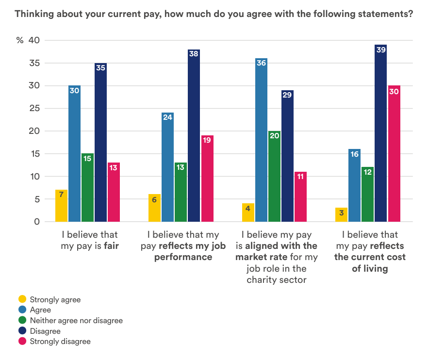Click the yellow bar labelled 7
tap(61, 206)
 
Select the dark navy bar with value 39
tap(380, 133)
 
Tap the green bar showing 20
tap(274, 177)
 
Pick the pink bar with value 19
tap(207, 179)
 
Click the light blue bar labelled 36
tap(261, 140)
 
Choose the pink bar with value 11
tap(300, 196)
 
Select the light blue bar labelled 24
tap(168, 167)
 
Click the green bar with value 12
tap(367, 195)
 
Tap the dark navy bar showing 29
tap(287, 156)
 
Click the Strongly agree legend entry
tap(55, 299)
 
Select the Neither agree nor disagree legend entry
tap(76, 320)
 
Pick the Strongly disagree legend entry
tap(60, 341)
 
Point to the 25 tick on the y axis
tap(34, 108)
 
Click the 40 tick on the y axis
tap(34, 40)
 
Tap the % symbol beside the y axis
tap(20, 40)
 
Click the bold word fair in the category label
tap(112, 246)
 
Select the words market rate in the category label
tap(266, 257)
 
